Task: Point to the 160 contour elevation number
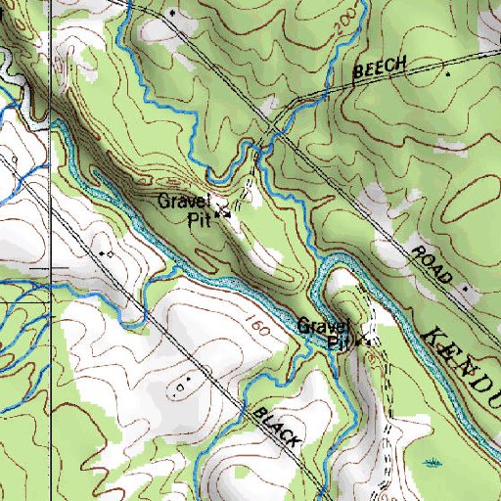pyautogui.click(x=256, y=325)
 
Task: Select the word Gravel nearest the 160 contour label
pyautogui.click(x=323, y=325)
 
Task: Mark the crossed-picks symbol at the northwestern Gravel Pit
pyautogui.click(x=223, y=208)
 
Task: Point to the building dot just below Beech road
pyautogui.click(x=448, y=73)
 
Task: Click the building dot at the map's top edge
pyautogui.click(x=172, y=12)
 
